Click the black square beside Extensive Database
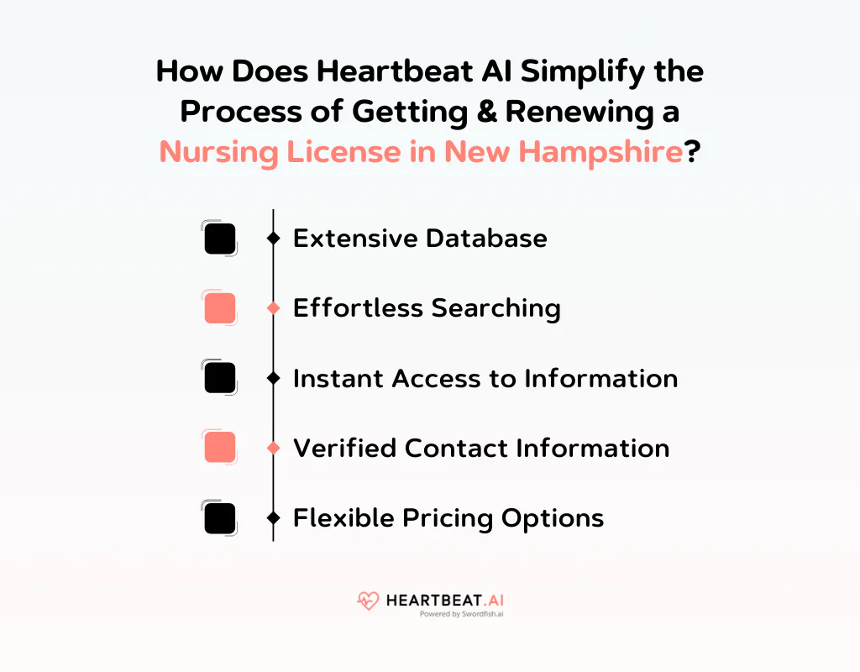pos(220,239)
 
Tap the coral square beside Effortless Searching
pos(220,308)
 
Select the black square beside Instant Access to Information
pos(220,378)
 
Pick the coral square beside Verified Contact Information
pos(220,448)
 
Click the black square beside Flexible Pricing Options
pos(220,517)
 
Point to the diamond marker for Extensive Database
pos(273,239)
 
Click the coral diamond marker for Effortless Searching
pos(273,309)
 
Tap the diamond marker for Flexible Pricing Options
pos(273,518)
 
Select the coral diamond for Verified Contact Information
pos(273,449)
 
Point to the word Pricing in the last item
pos(446,518)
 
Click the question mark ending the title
pos(694,152)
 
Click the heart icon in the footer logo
pos(368,601)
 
